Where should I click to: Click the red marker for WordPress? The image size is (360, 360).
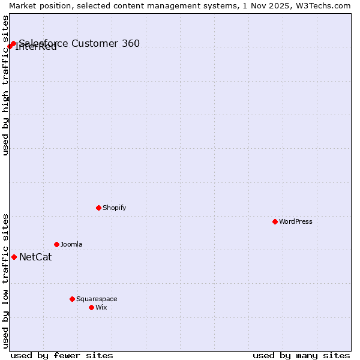click(275, 221)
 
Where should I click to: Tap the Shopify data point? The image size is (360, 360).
click(98, 208)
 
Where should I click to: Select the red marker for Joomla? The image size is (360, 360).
click(56, 244)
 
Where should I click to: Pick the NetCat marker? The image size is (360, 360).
click(14, 257)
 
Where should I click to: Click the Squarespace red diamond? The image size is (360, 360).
click(72, 299)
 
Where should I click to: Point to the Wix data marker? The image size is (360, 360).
click(91, 307)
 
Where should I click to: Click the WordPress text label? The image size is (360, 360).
click(296, 221)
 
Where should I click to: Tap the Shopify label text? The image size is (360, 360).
click(115, 208)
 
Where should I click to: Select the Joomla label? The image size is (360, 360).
click(71, 244)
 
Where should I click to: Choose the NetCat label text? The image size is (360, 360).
click(35, 257)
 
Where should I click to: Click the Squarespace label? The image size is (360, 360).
click(97, 299)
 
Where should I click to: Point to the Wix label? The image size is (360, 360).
click(101, 307)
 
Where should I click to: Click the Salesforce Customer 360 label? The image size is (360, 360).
click(79, 43)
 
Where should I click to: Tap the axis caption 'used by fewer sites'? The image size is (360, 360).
click(62, 355)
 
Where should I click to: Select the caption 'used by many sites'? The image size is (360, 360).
click(301, 355)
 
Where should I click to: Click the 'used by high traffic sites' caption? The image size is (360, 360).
click(6, 85)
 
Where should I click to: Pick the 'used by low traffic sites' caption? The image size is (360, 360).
click(6, 280)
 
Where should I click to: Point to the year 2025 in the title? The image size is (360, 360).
click(270, 5)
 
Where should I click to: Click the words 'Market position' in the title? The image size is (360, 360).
click(37, 5)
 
